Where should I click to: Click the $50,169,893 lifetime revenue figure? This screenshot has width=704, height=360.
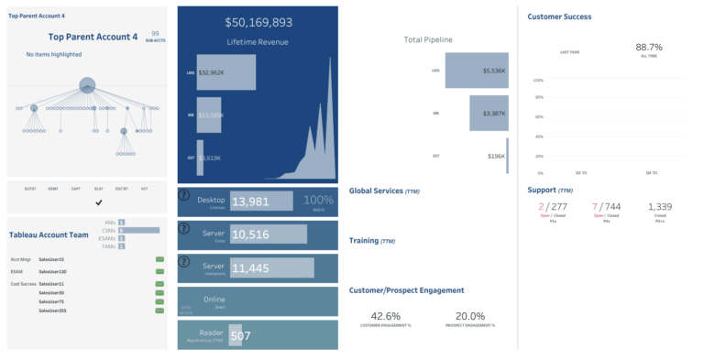coord(258,23)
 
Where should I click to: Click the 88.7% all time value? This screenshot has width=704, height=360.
coord(648,47)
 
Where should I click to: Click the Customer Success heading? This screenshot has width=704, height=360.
coord(559,16)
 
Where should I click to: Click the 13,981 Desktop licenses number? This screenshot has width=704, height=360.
coord(250,202)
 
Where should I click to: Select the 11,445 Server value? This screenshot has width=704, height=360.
coord(250,268)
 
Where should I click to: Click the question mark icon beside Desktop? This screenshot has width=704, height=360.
coord(183,196)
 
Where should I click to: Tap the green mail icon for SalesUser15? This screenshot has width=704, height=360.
coord(159,260)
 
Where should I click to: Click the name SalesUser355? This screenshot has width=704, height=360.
coord(52,311)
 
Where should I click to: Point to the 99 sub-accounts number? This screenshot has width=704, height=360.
coord(155,33)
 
